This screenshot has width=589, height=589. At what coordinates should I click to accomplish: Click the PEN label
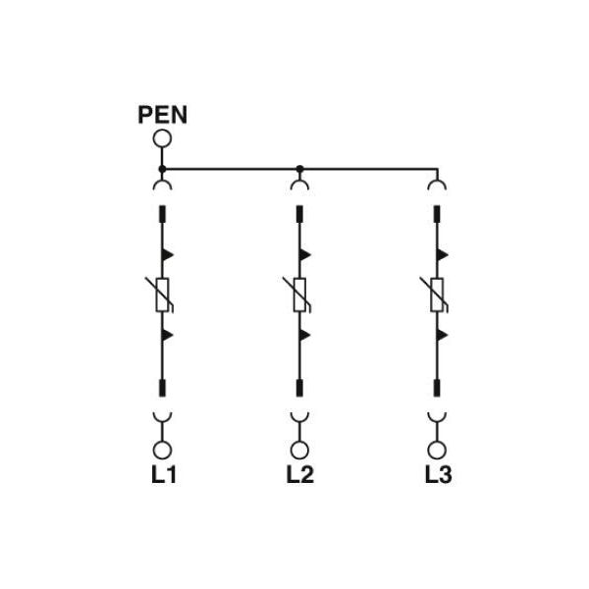[x=162, y=115]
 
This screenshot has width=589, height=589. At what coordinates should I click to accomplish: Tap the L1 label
[x=164, y=474]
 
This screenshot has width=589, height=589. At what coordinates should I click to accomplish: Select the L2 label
[x=299, y=474]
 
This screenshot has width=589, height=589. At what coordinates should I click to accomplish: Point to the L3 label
[x=438, y=474]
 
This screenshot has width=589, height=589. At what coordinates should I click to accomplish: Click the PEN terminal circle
[x=162, y=138]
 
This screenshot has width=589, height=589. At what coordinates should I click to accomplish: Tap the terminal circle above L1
[x=162, y=450]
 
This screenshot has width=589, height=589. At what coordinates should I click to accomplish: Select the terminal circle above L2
[x=299, y=450]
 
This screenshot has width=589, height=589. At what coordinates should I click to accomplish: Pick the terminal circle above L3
[x=437, y=450]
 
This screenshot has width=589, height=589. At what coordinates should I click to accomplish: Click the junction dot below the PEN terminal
[x=162, y=169]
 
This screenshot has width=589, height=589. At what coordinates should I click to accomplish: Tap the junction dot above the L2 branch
[x=299, y=169]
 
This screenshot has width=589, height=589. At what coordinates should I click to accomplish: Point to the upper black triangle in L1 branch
[x=167, y=255]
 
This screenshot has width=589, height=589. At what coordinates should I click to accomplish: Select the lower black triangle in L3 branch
[x=442, y=335]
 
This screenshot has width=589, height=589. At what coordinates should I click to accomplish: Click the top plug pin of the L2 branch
[x=299, y=213]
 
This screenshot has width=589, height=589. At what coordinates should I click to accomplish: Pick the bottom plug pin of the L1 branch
[x=162, y=388]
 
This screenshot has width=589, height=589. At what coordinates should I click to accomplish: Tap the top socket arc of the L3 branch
[x=437, y=182]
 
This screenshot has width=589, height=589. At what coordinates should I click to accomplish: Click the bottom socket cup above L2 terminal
[x=299, y=419]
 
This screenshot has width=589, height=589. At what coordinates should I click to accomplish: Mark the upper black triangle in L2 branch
[x=304, y=255]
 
